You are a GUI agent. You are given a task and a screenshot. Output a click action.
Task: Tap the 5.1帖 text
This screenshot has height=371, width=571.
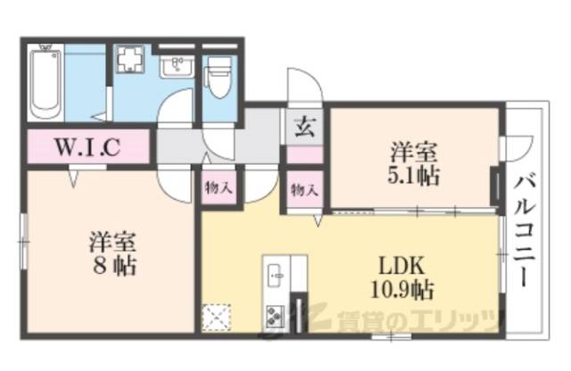click(x=414, y=174)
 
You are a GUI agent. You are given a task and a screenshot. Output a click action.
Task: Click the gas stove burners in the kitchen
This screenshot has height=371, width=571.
click(x=273, y=315)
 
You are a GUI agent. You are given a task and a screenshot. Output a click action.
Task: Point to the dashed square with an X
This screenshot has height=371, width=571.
click(x=217, y=317)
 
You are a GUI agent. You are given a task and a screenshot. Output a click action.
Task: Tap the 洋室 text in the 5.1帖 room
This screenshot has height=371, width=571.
click(x=413, y=151)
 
